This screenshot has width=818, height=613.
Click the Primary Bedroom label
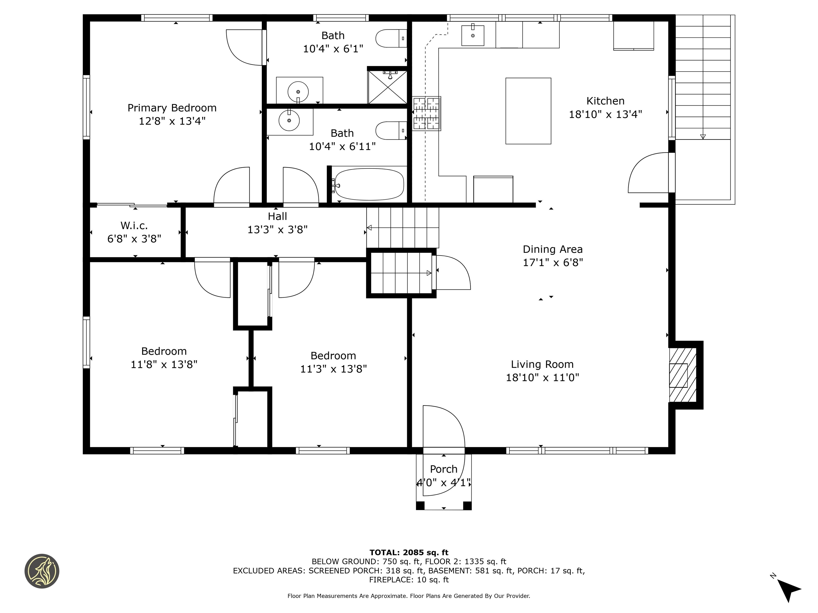pyautogui.click(x=172, y=108)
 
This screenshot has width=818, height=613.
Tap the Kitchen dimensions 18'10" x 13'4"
pyautogui.click(x=605, y=114)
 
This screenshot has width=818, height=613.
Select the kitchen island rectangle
pyautogui.click(x=528, y=111)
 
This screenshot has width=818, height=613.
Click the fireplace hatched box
pyautogui.click(x=683, y=375)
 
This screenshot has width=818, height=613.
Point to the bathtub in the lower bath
pyautogui.click(x=369, y=184)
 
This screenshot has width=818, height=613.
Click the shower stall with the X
pyautogui.click(x=387, y=87)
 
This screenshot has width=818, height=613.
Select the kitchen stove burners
pyautogui.click(x=426, y=113)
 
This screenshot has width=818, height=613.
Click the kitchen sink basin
pyautogui.click(x=473, y=35)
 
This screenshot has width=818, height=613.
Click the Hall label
pyautogui.click(x=277, y=216)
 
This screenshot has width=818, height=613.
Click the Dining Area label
pyautogui.click(x=553, y=249)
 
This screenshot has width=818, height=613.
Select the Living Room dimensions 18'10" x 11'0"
pyautogui.click(x=542, y=377)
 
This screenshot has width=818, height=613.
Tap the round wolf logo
pyautogui.click(x=42, y=571)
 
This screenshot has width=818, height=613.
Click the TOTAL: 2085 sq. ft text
pyautogui.click(x=409, y=552)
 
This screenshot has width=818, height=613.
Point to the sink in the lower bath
pyautogui.click(x=289, y=120)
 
